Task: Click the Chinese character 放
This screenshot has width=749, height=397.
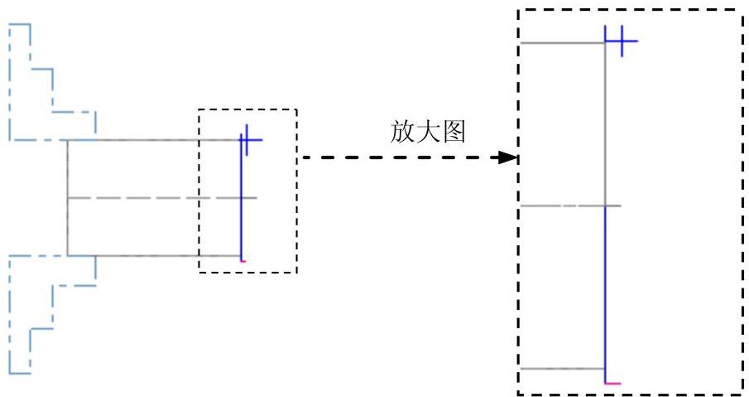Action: point(402,132)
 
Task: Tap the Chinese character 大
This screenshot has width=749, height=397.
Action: point(428,132)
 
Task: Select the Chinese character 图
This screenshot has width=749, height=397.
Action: point(454,132)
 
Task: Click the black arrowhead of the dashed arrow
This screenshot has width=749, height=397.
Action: point(508,157)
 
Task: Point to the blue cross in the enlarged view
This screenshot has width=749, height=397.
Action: point(622,41)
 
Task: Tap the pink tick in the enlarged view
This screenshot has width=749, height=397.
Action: point(613,383)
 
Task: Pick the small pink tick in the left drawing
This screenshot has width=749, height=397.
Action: point(243,261)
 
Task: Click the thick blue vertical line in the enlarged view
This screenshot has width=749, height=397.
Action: point(605,294)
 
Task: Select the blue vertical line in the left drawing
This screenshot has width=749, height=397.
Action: point(241,201)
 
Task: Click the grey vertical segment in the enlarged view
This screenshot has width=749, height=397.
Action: point(605,124)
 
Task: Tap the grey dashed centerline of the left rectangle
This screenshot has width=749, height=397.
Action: point(162,197)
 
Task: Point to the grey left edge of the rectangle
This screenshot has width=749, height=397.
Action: point(67,197)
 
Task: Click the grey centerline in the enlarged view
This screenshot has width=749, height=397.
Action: point(570,206)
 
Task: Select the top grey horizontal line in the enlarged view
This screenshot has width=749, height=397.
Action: point(562,43)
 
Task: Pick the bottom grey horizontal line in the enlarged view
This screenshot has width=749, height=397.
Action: point(562,369)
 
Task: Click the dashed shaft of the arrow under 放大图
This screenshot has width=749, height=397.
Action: point(401,157)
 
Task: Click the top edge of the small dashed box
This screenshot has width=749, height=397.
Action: point(248,109)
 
